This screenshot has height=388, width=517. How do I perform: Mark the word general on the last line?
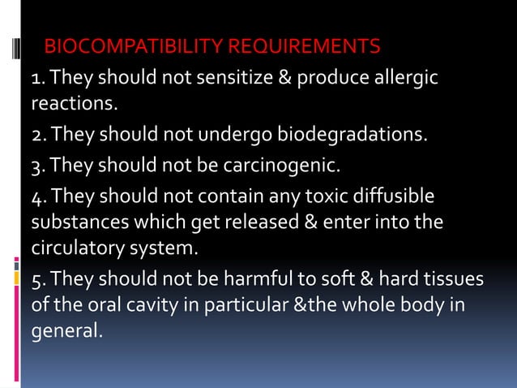pos(66,330)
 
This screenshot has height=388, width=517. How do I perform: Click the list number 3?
pos(37,166)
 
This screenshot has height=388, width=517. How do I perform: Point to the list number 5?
pos(37,280)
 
